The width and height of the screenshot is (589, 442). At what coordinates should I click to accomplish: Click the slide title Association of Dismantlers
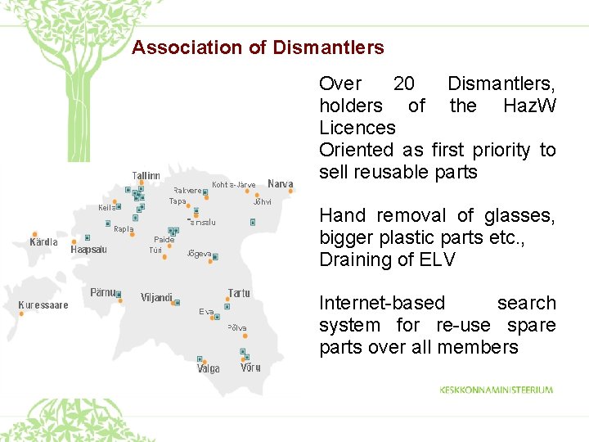[x=258, y=47]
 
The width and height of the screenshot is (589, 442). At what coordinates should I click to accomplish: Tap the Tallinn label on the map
[x=146, y=175]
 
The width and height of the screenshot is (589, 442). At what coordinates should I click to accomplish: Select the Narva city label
[x=281, y=183]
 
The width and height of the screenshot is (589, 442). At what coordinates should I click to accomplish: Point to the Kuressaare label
[x=44, y=305]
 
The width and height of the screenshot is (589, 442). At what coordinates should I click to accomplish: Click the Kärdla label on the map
[x=44, y=242]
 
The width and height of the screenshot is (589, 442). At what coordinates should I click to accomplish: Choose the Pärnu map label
[x=103, y=292]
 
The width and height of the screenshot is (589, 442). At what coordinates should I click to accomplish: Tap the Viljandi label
[x=156, y=297]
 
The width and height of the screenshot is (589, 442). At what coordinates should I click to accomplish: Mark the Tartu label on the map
[x=239, y=292]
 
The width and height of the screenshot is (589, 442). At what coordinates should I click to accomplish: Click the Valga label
[x=208, y=369]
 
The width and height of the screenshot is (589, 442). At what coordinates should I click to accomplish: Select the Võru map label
[x=250, y=368]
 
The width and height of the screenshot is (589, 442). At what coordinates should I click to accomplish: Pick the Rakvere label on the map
[x=187, y=190]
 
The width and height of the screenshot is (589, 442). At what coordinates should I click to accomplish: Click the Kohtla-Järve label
[x=233, y=184]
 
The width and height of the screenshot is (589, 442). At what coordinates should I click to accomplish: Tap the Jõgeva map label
[x=200, y=254]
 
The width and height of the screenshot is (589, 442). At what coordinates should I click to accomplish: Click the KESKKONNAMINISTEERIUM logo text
[x=496, y=390]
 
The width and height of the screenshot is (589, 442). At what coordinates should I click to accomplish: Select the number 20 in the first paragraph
[x=403, y=83]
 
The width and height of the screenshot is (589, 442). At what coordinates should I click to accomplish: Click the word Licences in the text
[x=357, y=128]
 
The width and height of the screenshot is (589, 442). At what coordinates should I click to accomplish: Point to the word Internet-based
[x=382, y=303]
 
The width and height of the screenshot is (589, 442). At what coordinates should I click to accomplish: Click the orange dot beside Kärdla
[x=34, y=232]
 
